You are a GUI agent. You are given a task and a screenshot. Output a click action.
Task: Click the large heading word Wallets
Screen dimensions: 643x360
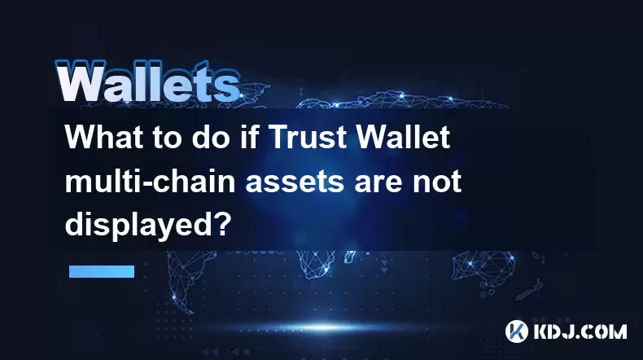[147, 81]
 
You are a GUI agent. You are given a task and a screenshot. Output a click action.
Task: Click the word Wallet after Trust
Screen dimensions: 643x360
[404, 137]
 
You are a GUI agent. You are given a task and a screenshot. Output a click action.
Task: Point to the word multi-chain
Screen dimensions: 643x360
[150, 181]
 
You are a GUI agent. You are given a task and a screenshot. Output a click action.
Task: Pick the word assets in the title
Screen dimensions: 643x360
[295, 182]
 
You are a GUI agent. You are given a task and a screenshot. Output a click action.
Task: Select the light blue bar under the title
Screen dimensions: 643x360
[102, 271]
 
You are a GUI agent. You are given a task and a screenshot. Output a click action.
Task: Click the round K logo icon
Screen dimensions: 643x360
[517, 331]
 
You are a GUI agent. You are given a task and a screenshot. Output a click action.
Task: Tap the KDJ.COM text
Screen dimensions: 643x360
[580, 331]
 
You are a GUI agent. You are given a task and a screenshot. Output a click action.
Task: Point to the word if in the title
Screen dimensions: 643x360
[251, 137]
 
